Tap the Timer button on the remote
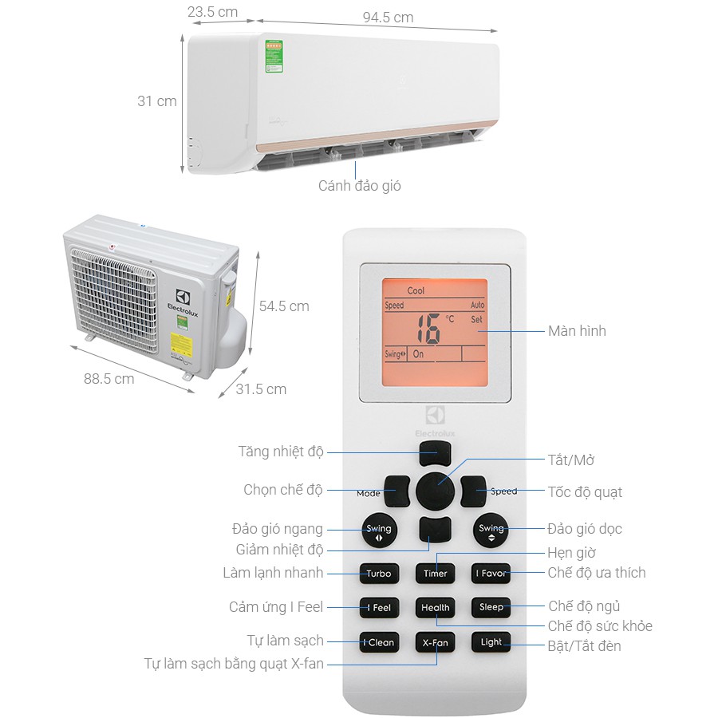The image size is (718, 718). click(x=435, y=573)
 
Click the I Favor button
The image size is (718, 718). click(x=491, y=573)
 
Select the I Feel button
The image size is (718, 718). click(x=379, y=607)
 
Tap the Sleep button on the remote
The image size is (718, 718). click(x=491, y=607)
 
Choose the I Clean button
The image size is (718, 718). click(x=379, y=642)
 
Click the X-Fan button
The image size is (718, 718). click(x=435, y=642)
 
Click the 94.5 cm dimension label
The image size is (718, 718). click(x=388, y=17)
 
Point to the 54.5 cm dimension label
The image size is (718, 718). click(x=284, y=306)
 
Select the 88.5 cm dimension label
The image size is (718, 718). click(x=109, y=378)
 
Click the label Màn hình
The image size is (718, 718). click(x=577, y=330)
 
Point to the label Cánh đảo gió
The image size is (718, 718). click(x=359, y=186)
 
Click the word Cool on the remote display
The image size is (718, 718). click(x=416, y=291)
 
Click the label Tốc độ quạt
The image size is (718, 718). click(x=585, y=491)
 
